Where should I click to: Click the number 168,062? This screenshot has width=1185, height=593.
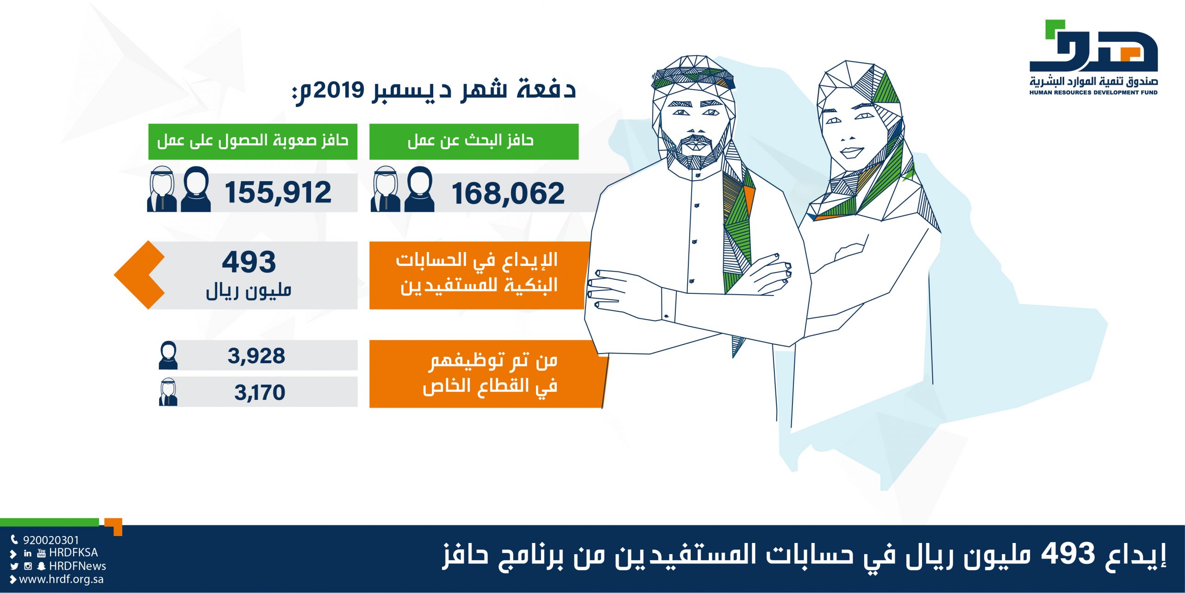pyautogui.click(x=508, y=194)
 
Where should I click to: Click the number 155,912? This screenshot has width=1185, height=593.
pyautogui.click(x=278, y=193)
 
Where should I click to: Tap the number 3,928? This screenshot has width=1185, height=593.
pyautogui.click(x=256, y=356)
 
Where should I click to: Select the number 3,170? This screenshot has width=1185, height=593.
pyautogui.click(x=260, y=393)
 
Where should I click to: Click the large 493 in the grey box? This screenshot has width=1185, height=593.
pyautogui.click(x=249, y=262)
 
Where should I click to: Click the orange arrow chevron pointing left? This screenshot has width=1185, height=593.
pyautogui.click(x=139, y=275)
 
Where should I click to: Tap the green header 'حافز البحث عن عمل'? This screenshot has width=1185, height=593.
pyautogui.click(x=474, y=141)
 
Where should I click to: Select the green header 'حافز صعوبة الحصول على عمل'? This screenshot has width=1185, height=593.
pyautogui.click(x=253, y=141)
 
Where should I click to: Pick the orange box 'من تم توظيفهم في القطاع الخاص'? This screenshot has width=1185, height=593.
pyautogui.click(x=488, y=374)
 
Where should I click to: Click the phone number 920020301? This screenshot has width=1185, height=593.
pyautogui.click(x=51, y=540)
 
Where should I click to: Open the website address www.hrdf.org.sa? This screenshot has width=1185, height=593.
pyautogui.click(x=61, y=580)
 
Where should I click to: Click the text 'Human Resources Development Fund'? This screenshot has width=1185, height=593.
pyautogui.click(x=1093, y=93)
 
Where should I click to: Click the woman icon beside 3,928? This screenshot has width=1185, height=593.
pyautogui.click(x=168, y=355)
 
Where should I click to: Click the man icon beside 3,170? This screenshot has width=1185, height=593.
pyautogui.click(x=168, y=392)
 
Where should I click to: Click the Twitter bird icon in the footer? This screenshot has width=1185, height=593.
pyautogui.click(x=14, y=566)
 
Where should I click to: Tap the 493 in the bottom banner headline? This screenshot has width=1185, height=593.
pyautogui.click(x=1068, y=554)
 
